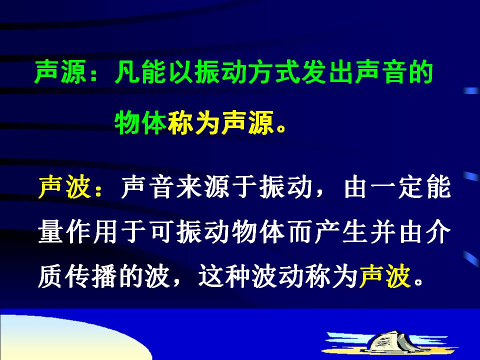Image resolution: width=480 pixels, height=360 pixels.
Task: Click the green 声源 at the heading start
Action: [x=60, y=72]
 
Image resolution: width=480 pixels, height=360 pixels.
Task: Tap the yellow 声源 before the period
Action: [x=247, y=123]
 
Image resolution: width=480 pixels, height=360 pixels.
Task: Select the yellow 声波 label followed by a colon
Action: [x=65, y=186]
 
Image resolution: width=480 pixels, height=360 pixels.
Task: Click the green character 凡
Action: [x=127, y=72]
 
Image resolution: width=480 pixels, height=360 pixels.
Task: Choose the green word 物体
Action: [x=140, y=123]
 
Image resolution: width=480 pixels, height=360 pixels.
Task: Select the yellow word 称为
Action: [x=194, y=123]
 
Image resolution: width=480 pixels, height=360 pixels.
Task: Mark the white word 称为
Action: [x=331, y=276]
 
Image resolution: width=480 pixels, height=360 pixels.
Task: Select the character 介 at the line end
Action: [x=438, y=231]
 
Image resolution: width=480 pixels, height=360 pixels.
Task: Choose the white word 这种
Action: [x=224, y=276]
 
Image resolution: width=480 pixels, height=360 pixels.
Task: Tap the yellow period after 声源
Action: [x=280, y=129]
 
